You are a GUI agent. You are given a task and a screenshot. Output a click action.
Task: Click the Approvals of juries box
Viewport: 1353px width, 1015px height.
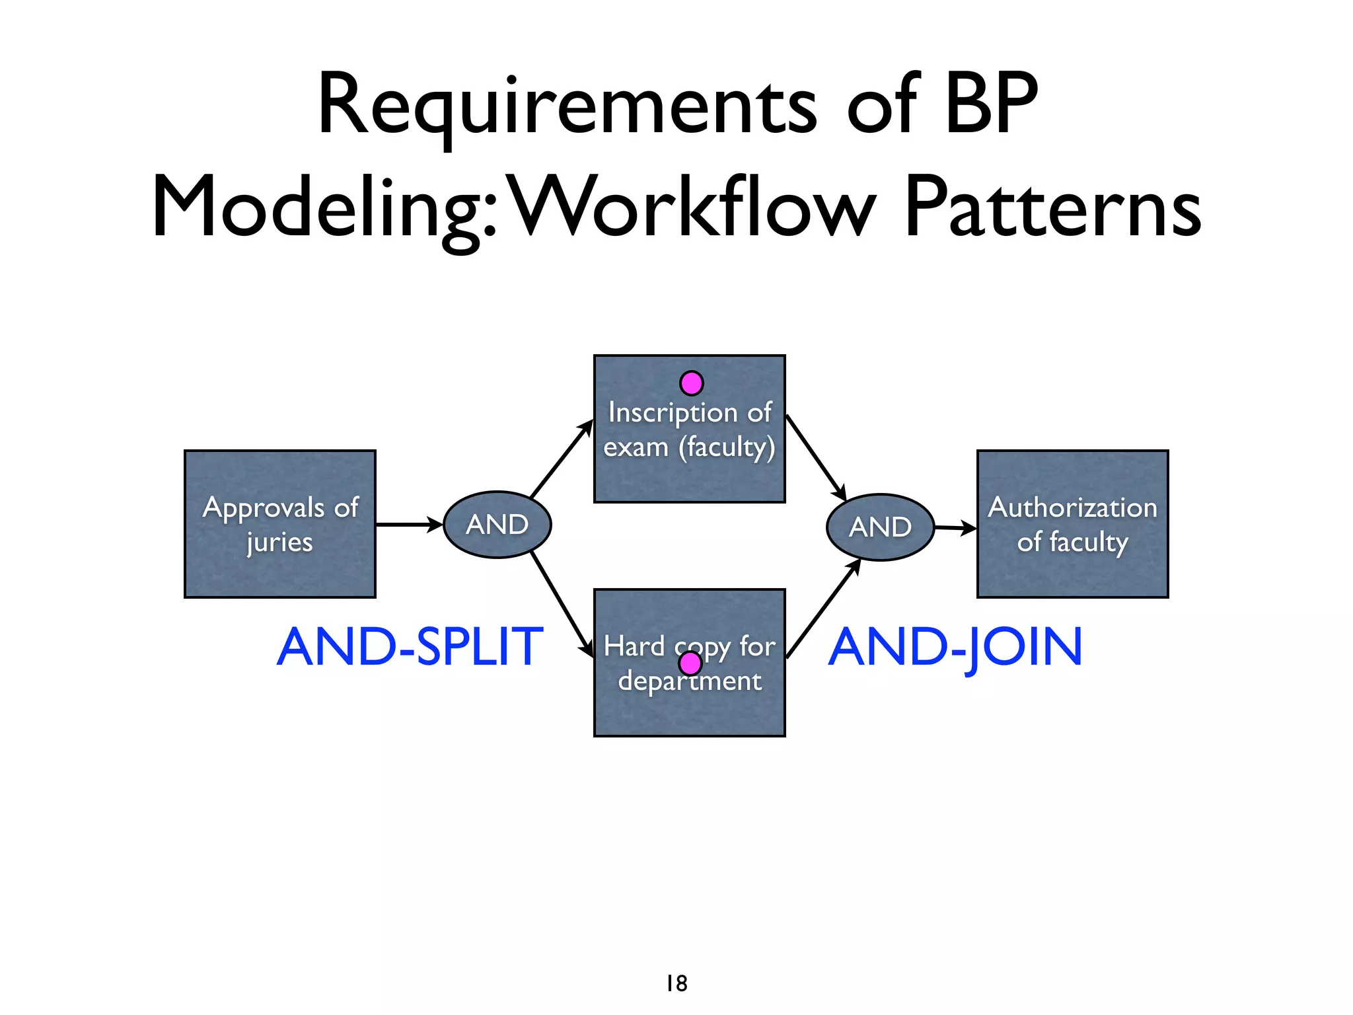(280, 524)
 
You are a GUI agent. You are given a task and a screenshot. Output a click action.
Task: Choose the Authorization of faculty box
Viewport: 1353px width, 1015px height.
(1072, 524)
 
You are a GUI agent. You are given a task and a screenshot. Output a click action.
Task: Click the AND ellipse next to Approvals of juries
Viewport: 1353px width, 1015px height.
(497, 525)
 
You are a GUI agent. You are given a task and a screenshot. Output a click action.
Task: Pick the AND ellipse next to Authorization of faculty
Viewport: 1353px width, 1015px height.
(880, 527)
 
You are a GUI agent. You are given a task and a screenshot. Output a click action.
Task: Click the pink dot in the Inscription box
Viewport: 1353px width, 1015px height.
(692, 383)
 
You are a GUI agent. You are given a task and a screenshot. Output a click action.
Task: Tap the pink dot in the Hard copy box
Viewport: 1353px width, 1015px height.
(690, 663)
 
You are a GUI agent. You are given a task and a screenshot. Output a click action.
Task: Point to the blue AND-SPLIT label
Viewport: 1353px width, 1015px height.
(410, 647)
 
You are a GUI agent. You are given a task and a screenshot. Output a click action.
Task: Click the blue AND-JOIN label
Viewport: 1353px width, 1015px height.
(955, 648)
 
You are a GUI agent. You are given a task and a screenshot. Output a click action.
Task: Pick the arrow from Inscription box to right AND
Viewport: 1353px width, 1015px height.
(817, 459)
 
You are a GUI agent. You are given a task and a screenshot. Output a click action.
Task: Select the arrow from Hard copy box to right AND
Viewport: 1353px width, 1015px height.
(823, 608)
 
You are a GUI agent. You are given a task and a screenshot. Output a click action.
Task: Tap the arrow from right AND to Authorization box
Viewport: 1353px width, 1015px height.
(955, 528)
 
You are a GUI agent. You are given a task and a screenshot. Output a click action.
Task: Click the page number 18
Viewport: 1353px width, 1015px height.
(676, 983)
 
